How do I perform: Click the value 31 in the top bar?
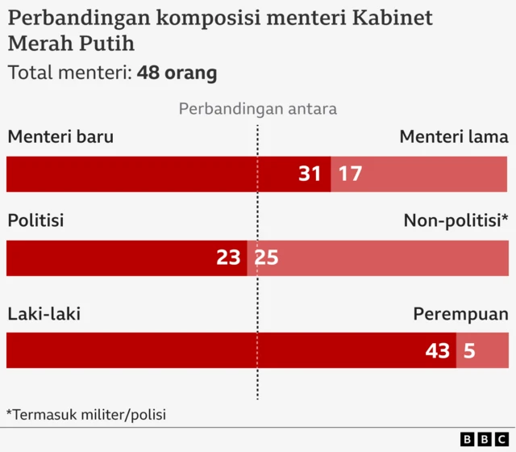(x=310, y=174)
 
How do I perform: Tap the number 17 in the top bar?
(x=349, y=174)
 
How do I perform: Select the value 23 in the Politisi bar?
(x=228, y=257)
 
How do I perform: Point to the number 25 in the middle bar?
(x=266, y=257)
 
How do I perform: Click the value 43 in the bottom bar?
(x=438, y=351)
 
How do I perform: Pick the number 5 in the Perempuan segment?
(x=468, y=351)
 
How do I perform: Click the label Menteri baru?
(x=60, y=136)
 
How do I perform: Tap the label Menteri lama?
(x=454, y=136)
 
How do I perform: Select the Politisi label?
(x=35, y=220)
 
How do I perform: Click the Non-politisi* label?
(x=456, y=220)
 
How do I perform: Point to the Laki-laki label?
(x=44, y=314)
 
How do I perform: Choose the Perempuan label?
(x=460, y=314)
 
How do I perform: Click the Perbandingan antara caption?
(x=258, y=108)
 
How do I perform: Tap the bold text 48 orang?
(x=177, y=73)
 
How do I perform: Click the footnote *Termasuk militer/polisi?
(x=86, y=414)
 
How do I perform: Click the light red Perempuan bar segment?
(x=492, y=351)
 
